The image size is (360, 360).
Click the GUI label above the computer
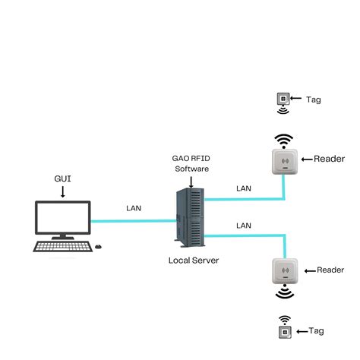[x=63, y=179]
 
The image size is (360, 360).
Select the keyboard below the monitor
[x=60, y=247]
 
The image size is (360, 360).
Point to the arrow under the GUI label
[x=63, y=192]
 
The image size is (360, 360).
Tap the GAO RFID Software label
[x=190, y=163]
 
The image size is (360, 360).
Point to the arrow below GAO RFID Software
[x=190, y=180]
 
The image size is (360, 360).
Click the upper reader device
[x=283, y=161]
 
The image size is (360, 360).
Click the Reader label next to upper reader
[x=329, y=159]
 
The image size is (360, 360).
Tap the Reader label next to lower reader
[x=330, y=270]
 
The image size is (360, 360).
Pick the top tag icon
[x=283, y=99]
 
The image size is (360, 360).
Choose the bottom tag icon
[x=284, y=331]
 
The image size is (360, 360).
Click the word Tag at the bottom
[x=317, y=331]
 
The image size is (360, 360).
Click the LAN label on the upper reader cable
[x=244, y=188]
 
